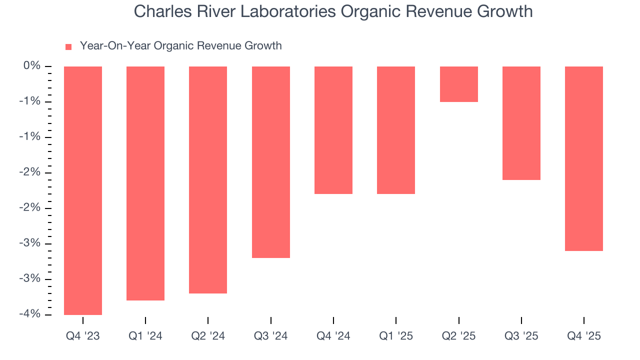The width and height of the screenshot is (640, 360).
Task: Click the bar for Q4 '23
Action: [83, 190]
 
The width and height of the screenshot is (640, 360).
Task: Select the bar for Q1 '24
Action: [145, 183]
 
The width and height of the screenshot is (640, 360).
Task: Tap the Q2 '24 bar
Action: [208, 179]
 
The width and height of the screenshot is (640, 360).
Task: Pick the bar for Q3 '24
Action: [270, 162]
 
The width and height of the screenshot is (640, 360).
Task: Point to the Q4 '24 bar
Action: [333, 130]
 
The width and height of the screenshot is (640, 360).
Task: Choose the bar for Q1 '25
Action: [396, 130]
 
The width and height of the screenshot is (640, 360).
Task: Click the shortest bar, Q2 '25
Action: [458, 84]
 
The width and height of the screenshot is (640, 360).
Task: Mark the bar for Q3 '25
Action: [521, 123]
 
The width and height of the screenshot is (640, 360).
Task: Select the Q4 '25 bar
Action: [583, 158]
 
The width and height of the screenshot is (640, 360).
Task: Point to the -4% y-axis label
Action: [30, 314]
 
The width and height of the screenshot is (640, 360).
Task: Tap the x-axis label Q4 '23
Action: [83, 336]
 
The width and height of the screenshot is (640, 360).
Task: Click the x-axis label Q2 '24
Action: [208, 336]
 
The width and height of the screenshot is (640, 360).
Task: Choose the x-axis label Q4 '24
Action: [333, 336]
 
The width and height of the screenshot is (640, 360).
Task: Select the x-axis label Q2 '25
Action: [458, 336]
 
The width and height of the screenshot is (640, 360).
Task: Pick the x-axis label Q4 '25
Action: [583, 336]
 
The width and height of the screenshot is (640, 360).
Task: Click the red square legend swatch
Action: [68, 46]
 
